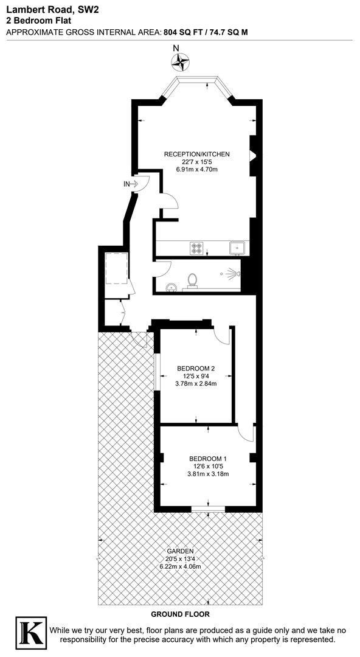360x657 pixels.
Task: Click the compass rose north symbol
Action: pos(181,62)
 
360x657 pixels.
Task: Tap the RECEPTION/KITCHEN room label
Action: pos(196,154)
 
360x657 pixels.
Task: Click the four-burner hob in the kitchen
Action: pos(196,248)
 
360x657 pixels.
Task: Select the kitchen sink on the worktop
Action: pos(238,248)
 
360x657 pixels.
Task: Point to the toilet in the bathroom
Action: pos(193,280)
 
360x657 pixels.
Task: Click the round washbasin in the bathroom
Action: pos(171,287)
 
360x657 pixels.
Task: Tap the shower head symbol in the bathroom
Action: pos(231,274)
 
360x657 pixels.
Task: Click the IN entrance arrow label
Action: pos(131,183)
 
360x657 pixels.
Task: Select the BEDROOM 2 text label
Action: pos(196,368)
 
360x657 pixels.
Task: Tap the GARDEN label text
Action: pos(181,551)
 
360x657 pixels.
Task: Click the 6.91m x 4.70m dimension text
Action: pos(196,169)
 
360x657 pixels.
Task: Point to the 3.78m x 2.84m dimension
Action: pos(196,383)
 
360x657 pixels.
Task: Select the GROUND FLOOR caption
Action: pos(180,614)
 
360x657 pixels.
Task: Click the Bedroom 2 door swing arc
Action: pos(222,335)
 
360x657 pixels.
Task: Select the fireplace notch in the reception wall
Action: pos(253,156)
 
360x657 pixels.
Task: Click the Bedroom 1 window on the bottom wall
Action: pos(209,509)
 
